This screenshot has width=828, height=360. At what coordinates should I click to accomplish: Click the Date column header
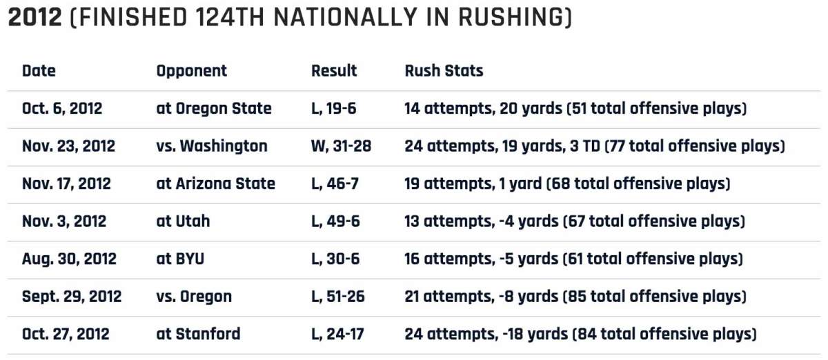point(39,71)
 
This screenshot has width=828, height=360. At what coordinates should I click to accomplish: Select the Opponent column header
point(191,71)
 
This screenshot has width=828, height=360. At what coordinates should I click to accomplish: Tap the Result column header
point(334,71)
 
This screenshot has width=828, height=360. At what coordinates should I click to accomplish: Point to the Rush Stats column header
point(444,71)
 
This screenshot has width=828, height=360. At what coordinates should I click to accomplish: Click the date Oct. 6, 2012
point(62,109)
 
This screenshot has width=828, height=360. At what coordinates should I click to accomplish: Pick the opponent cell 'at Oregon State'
point(214,109)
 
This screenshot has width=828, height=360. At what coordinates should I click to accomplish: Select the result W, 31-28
point(342,146)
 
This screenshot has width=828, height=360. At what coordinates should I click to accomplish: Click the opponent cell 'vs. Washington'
point(211,146)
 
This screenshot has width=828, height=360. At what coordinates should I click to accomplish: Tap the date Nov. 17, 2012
point(66,184)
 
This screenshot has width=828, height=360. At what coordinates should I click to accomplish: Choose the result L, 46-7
point(335,184)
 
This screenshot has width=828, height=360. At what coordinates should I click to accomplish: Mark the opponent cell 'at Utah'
point(183,221)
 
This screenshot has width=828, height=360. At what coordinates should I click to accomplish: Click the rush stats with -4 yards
point(575,221)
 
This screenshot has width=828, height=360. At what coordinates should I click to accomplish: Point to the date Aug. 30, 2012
point(69,259)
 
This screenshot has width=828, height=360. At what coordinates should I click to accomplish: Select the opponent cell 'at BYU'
point(180,259)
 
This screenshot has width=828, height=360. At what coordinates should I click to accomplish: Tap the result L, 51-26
point(338,297)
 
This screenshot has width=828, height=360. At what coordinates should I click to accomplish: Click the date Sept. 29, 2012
point(72,297)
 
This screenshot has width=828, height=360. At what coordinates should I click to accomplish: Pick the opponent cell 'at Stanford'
point(198,334)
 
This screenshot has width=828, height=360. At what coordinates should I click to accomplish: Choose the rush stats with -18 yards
point(580,334)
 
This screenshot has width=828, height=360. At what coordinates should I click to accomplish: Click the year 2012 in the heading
point(34,18)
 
